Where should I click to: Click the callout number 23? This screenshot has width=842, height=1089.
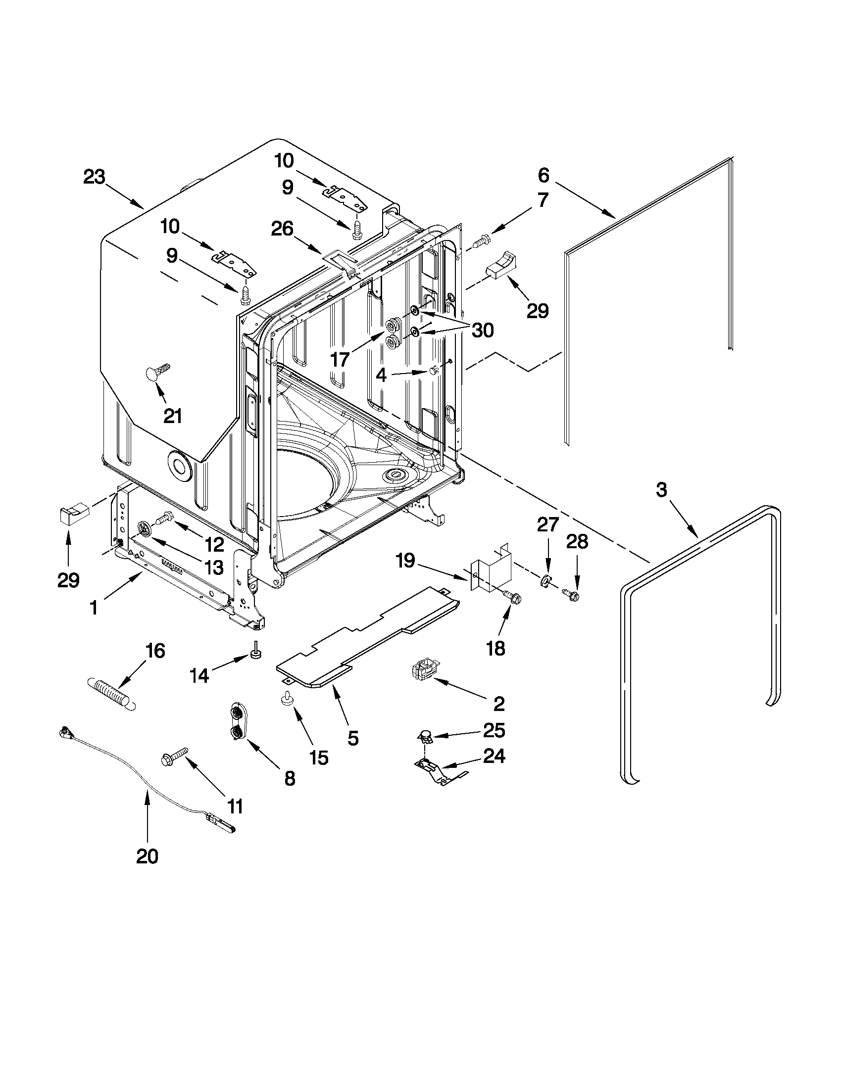click(94, 177)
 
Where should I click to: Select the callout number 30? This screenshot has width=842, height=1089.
click(482, 330)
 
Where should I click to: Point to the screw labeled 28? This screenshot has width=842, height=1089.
click(569, 594)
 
